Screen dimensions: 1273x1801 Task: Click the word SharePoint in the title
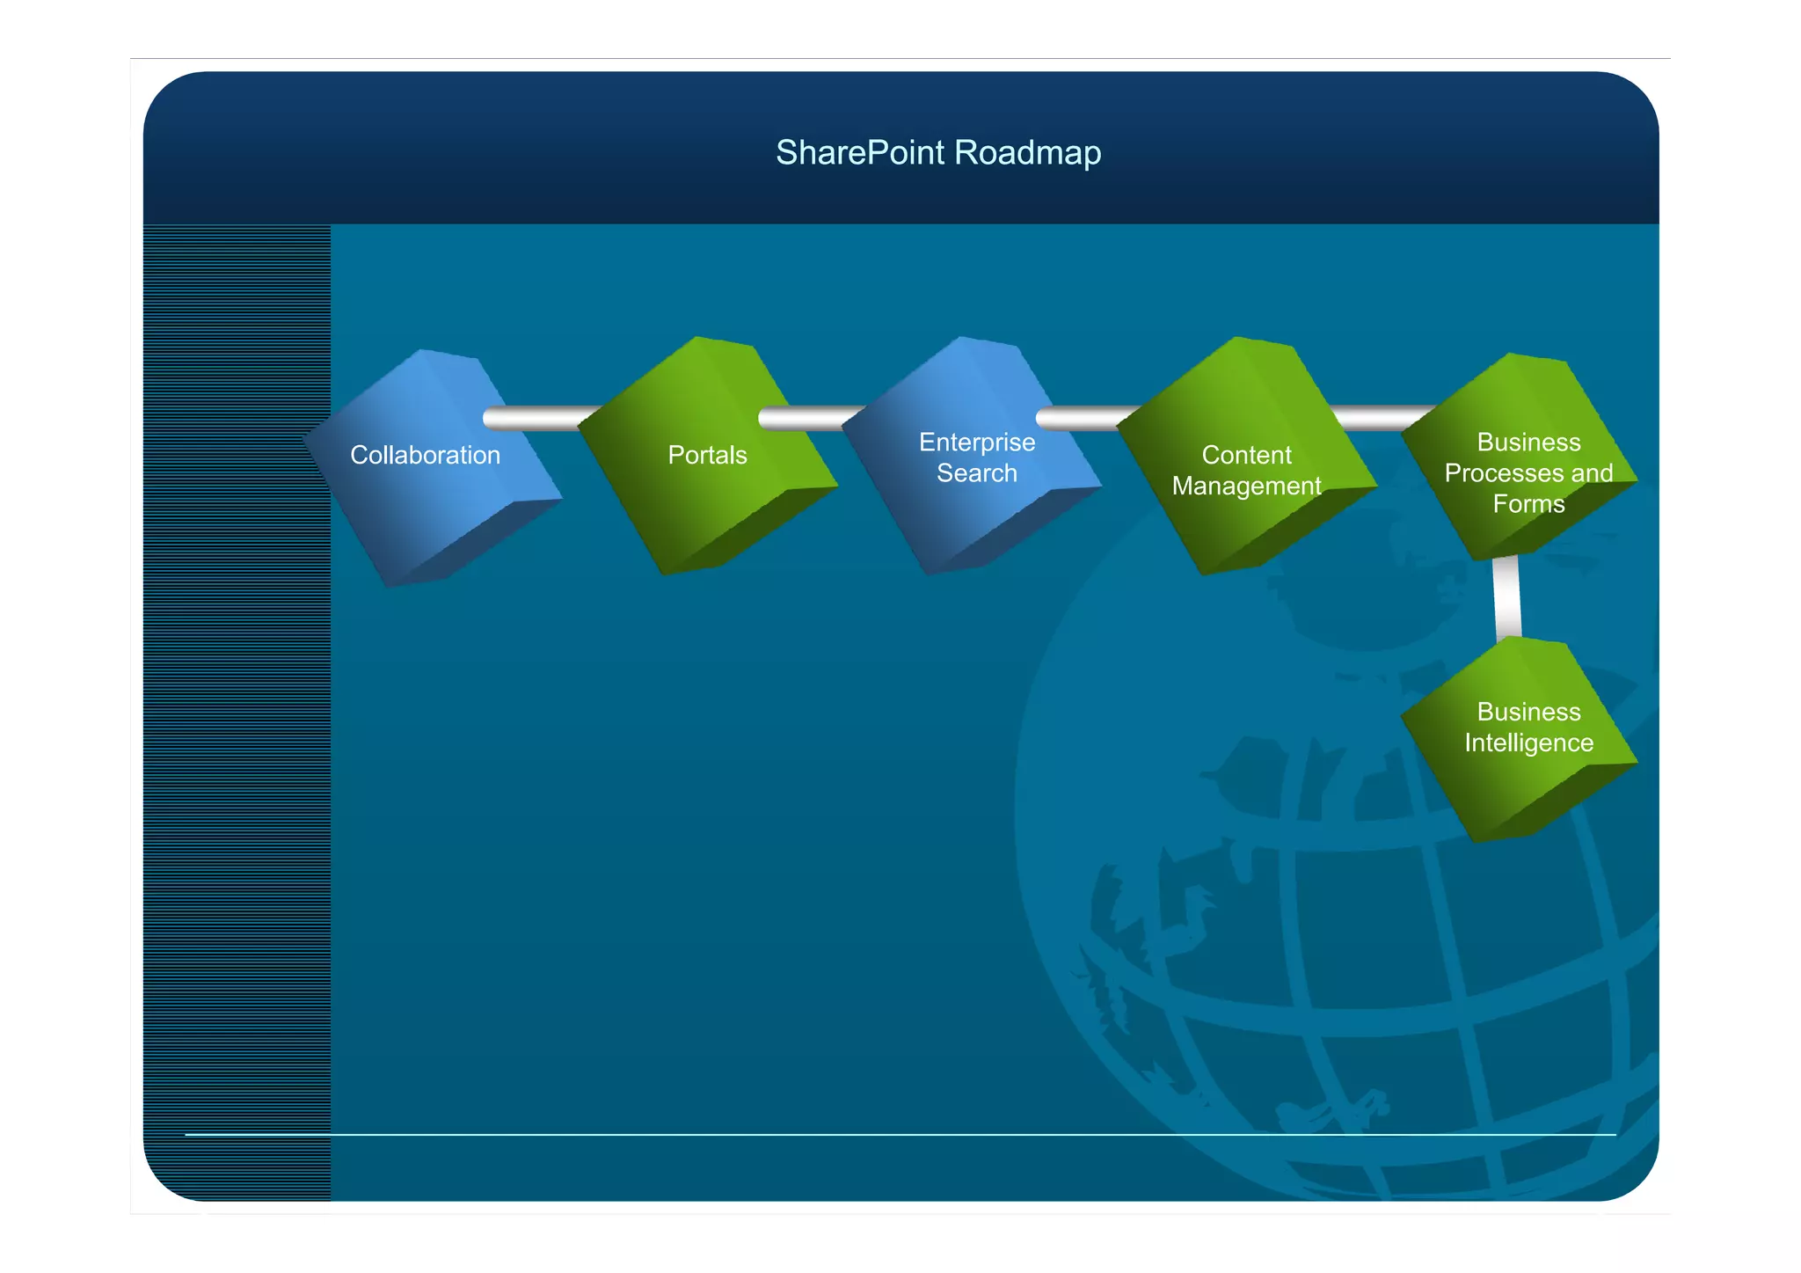click(x=859, y=153)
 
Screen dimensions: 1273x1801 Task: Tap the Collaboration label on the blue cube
click(x=425, y=455)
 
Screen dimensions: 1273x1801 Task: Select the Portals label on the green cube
click(x=707, y=455)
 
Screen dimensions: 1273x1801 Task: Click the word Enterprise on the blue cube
click(x=976, y=442)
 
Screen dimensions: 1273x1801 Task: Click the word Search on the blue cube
click(x=976, y=473)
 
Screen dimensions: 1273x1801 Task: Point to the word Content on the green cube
click(x=1246, y=455)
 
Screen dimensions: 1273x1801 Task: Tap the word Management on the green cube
click(x=1246, y=486)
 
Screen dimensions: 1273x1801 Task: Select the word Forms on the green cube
click(x=1528, y=504)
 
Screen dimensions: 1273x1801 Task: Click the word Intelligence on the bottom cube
click(x=1528, y=743)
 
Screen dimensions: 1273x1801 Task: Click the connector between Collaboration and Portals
click(x=536, y=418)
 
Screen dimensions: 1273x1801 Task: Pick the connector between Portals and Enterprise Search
click(x=809, y=418)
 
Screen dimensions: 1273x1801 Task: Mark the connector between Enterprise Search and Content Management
click(x=1086, y=418)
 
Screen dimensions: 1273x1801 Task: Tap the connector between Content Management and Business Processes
click(x=1381, y=417)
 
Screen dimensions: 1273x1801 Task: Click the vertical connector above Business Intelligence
click(x=1507, y=596)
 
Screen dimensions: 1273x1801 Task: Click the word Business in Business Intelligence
click(x=1528, y=712)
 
